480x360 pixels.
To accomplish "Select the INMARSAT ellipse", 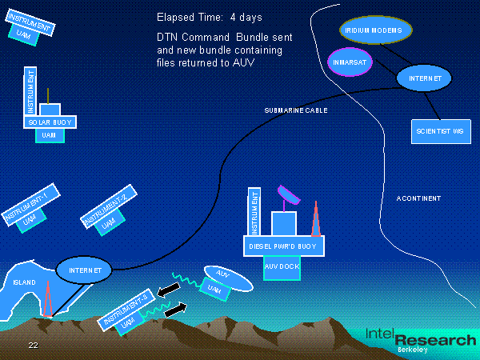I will pyautogui.click(x=351, y=62).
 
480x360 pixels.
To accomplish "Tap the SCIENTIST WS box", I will pyautogui.click(x=440, y=130).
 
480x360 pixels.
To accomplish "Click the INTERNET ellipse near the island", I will pyautogui.click(x=84, y=271).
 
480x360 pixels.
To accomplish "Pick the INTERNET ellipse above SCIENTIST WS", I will pyautogui.click(x=424, y=78).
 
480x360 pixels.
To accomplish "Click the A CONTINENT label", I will pyautogui.click(x=418, y=198).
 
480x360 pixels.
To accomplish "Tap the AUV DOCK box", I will pyautogui.click(x=281, y=269).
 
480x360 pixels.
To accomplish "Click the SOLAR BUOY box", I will pyautogui.click(x=49, y=122).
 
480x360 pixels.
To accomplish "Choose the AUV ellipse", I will pyautogui.click(x=228, y=276).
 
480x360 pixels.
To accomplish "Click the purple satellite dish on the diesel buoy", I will pyautogui.click(x=287, y=194).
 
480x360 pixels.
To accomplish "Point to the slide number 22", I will pyautogui.click(x=33, y=345).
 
